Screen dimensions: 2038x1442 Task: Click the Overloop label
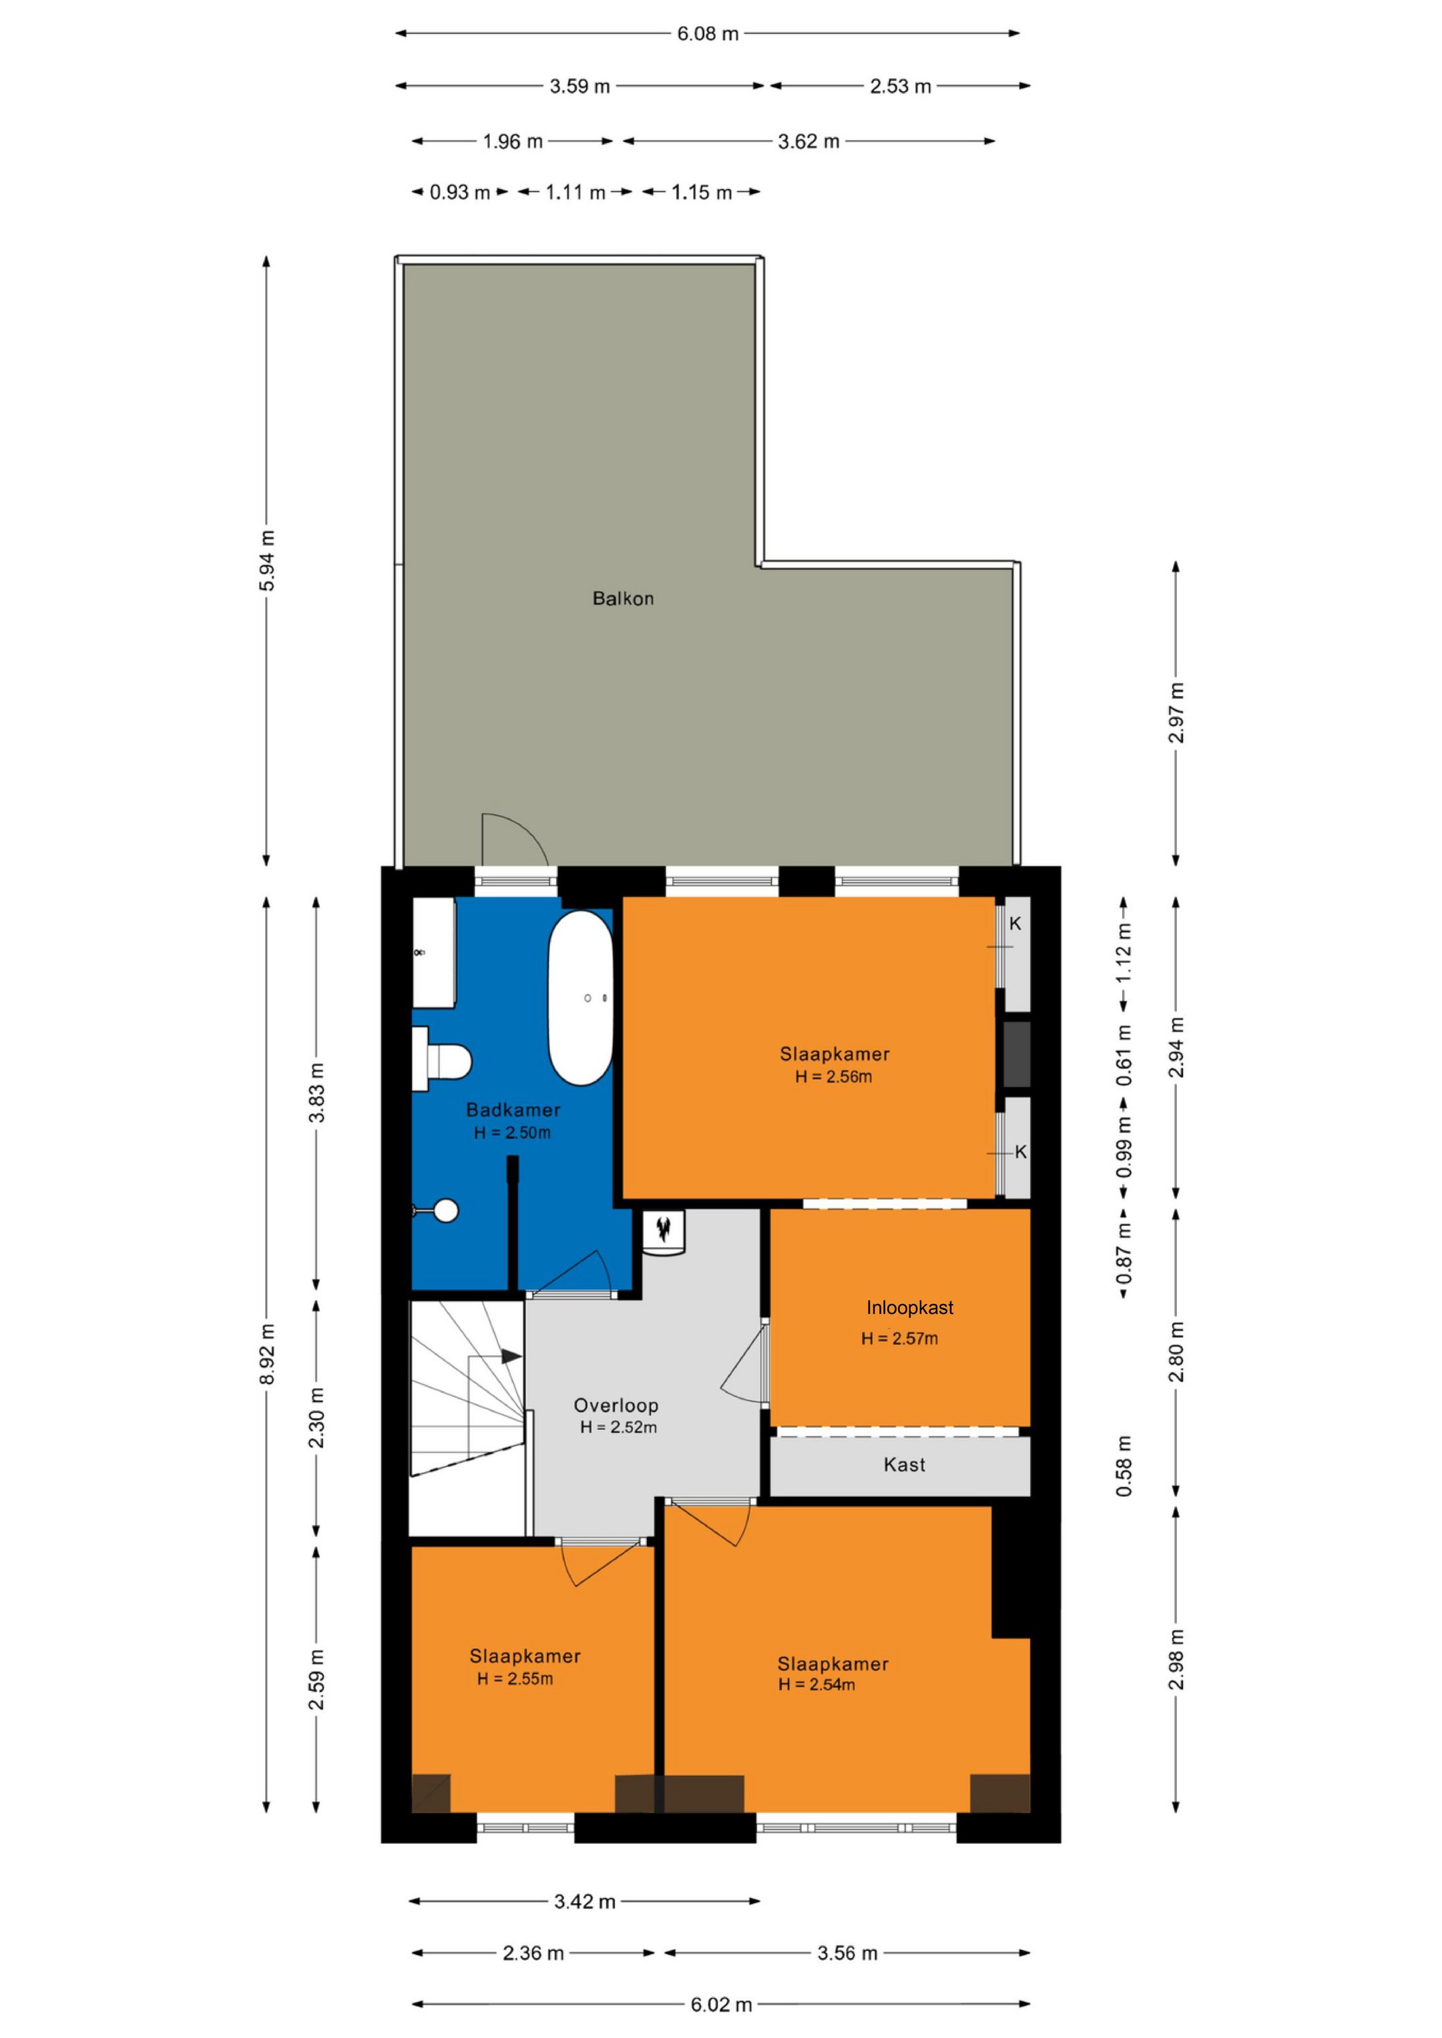coord(616,1405)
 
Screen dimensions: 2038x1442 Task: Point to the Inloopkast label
coord(909,1307)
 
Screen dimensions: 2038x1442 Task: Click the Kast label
coord(904,1465)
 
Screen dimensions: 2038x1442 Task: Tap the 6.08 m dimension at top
coord(708,34)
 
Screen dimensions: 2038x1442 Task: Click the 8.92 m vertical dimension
coord(267,1353)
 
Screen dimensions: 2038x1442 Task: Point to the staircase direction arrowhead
coord(511,1356)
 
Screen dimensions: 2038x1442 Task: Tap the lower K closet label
coord(1020,1152)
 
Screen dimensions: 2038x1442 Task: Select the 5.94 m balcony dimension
coord(267,561)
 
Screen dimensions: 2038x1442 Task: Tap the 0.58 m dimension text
coord(1124,1465)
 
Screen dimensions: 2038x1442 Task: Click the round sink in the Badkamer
coord(445,1210)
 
